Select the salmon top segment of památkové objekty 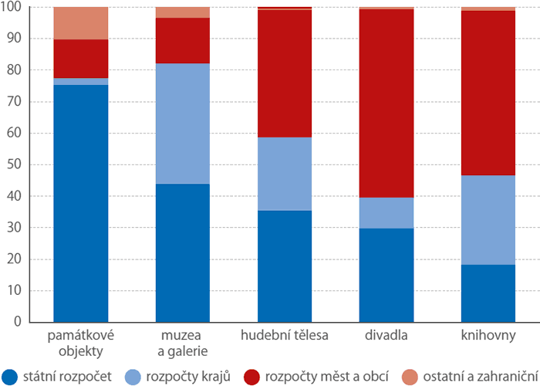(x=81, y=23)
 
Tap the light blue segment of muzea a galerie (x=183, y=124)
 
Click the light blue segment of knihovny (x=488, y=220)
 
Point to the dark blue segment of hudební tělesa (x=285, y=266)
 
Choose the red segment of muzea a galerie (x=183, y=40)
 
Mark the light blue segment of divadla (x=387, y=213)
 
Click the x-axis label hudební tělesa (x=285, y=336)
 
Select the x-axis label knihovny (x=488, y=336)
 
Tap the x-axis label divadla (x=387, y=336)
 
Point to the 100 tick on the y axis (x=17, y=8)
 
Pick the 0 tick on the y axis (x=23, y=322)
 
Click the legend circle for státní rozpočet (x=10, y=375)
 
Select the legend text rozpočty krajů (x=181, y=375)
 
